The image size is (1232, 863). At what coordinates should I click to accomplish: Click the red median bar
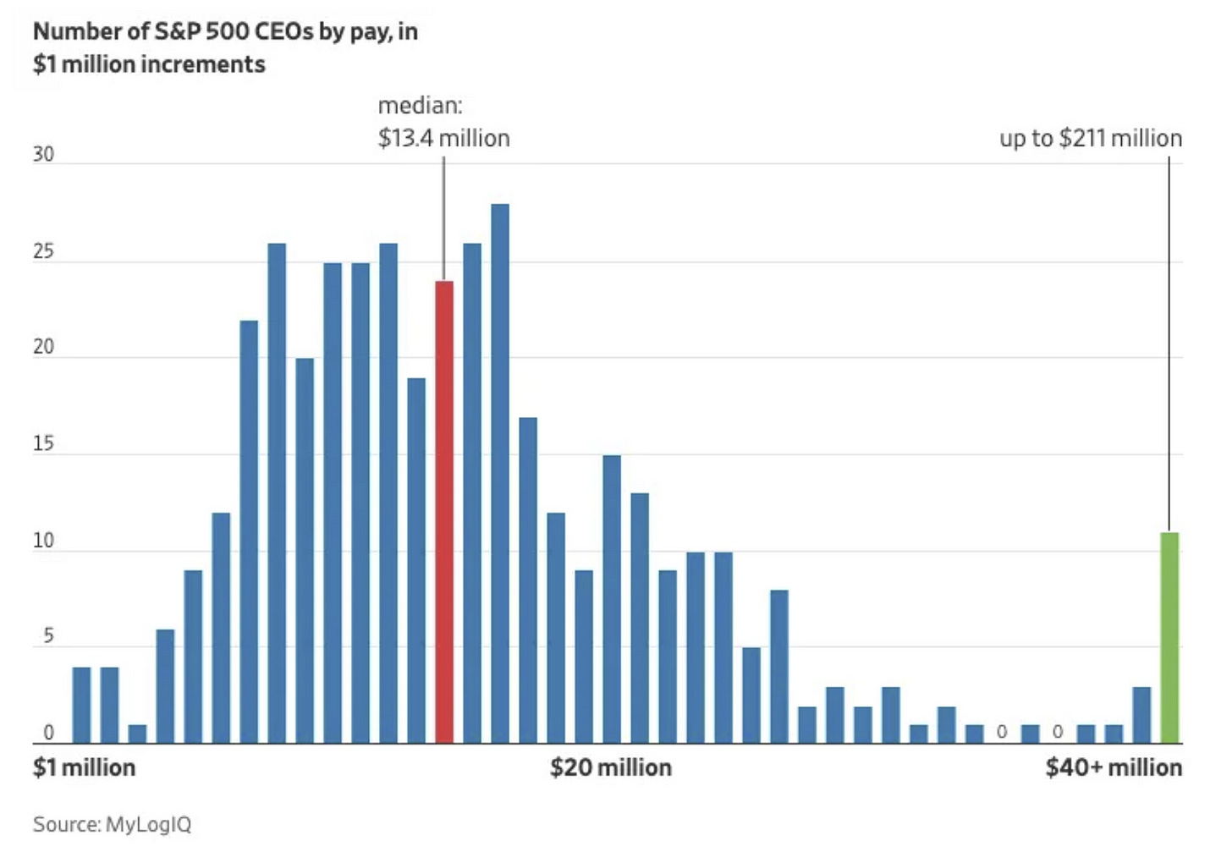(x=444, y=512)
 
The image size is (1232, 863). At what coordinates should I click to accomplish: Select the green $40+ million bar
(x=1169, y=638)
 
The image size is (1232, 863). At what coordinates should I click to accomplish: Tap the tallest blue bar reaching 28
(x=500, y=474)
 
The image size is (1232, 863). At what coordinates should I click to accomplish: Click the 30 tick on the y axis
(x=43, y=155)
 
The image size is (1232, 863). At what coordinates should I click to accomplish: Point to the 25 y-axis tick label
(x=43, y=251)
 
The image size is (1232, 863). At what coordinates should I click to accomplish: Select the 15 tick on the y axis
(x=43, y=444)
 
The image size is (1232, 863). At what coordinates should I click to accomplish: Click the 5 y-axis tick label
(x=48, y=636)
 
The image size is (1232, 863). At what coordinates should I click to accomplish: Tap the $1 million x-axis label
(x=84, y=767)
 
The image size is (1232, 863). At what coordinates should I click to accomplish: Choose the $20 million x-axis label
(x=611, y=767)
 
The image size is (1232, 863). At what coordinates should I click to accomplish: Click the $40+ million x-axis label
(x=1114, y=767)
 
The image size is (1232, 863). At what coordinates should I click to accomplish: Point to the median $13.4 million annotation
(x=443, y=123)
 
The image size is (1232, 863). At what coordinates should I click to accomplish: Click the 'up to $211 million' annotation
(x=1091, y=138)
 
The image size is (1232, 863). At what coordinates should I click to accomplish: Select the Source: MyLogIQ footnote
(x=112, y=824)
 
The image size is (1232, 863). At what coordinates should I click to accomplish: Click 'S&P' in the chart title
(x=179, y=31)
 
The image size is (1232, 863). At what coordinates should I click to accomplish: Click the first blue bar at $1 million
(x=81, y=706)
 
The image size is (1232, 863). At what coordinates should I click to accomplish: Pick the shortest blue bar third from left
(x=137, y=734)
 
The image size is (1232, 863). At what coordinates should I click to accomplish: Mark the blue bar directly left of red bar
(x=416, y=561)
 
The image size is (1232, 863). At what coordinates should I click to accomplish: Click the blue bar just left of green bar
(x=1141, y=715)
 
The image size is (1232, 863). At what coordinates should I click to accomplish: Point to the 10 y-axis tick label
(x=43, y=541)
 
